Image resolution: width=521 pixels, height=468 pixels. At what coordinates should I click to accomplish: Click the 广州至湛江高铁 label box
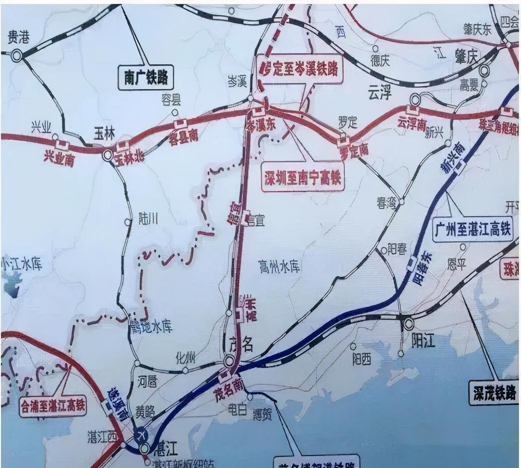tap(472, 230)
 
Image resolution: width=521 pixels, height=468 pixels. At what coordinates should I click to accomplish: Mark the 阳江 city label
tap(424, 341)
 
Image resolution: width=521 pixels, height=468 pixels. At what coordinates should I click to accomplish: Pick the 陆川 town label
tap(147, 219)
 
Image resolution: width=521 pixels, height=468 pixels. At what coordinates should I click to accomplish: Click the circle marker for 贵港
tap(17, 56)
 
